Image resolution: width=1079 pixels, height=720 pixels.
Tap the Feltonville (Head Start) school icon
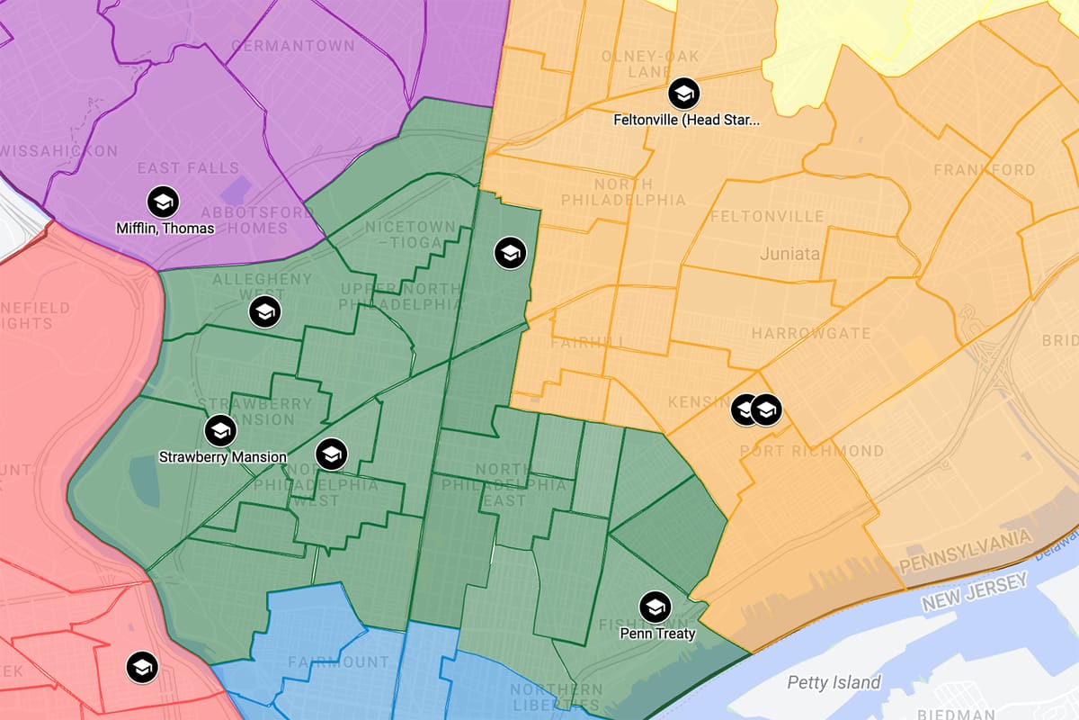tap(683, 93)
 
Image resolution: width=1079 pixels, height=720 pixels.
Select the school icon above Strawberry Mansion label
tap(219, 431)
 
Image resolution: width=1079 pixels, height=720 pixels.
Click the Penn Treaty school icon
tap(655, 607)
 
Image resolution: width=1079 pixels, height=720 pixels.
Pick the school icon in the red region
tap(142, 667)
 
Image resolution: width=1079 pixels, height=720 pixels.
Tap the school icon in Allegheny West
tap(265, 312)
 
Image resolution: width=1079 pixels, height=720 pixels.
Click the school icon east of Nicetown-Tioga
tap(510, 253)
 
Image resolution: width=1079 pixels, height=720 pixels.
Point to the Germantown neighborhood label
tap(287, 45)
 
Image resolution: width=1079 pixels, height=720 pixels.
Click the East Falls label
tap(188, 168)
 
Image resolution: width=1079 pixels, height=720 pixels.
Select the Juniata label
tap(789, 254)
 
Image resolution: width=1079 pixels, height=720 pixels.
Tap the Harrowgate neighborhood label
tap(811, 333)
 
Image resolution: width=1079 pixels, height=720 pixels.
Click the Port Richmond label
tap(811, 450)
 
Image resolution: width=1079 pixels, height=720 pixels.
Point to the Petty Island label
tap(834, 682)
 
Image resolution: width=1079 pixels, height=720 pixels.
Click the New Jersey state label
tap(974, 595)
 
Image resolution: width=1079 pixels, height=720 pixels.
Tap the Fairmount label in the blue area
tap(338, 662)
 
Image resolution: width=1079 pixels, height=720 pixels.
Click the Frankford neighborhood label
tap(984, 169)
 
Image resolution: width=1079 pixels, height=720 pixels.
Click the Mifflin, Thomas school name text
tap(165, 228)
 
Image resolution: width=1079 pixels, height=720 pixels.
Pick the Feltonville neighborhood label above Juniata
tap(766, 216)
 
